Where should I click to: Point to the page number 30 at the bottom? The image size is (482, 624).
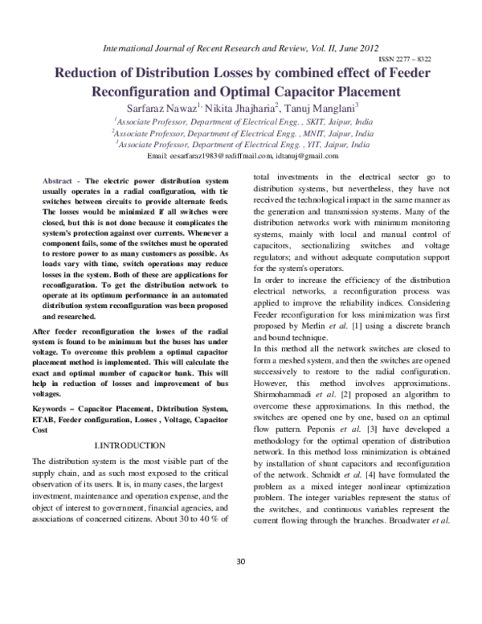240,583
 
